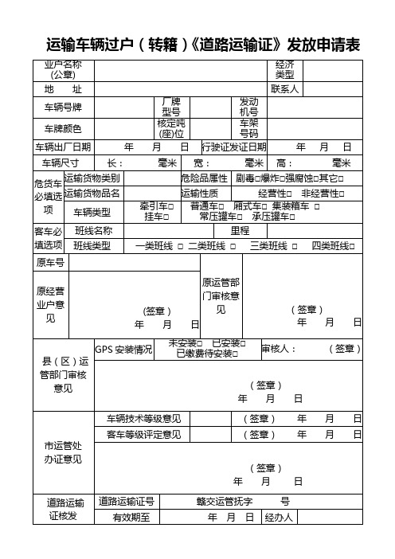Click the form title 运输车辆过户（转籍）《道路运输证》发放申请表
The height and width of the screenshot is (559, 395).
[x=204, y=44]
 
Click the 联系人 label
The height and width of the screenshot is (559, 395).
[x=284, y=88]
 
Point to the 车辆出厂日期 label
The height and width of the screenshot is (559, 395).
[x=63, y=147]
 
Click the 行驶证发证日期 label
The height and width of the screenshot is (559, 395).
[x=234, y=147]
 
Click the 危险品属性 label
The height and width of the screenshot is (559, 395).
[x=205, y=178]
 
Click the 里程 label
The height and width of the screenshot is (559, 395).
[x=240, y=230]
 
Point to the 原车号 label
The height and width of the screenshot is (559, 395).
[x=50, y=261]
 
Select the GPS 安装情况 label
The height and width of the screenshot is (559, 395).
[x=123, y=349]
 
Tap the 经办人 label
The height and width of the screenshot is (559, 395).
[x=279, y=518]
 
